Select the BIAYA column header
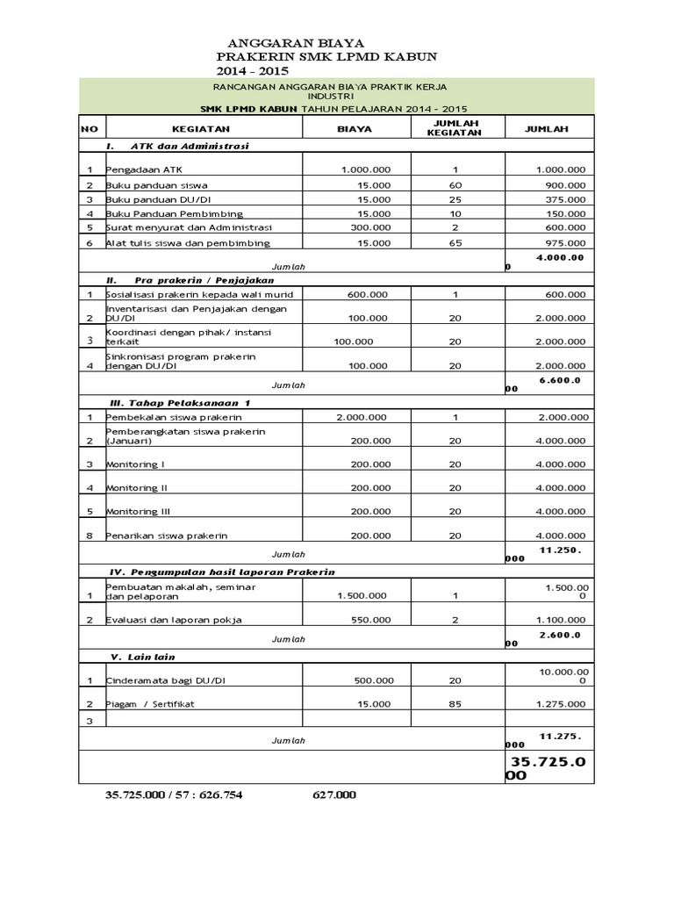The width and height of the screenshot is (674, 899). (355, 128)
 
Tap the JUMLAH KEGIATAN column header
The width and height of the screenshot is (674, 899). (455, 128)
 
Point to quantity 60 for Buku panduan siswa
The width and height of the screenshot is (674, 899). (455, 185)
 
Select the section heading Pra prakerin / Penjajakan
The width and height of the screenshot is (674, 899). (180, 279)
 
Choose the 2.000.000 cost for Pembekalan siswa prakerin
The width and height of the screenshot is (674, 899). (362, 417)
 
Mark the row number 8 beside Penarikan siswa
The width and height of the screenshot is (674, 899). (90, 535)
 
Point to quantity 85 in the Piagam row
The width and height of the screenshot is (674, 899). (455, 704)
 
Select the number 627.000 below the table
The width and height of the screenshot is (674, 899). (334, 795)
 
